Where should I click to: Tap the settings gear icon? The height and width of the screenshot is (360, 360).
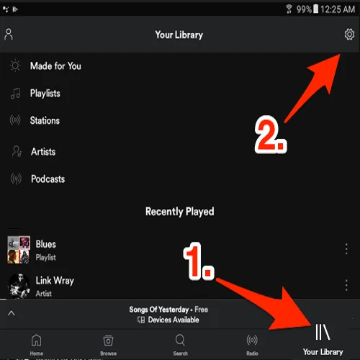click(x=349, y=35)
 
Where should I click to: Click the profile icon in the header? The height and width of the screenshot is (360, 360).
click(x=9, y=35)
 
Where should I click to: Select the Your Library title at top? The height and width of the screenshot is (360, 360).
click(x=179, y=35)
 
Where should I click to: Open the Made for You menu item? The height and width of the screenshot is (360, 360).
click(x=55, y=66)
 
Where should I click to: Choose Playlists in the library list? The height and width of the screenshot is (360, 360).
click(x=45, y=94)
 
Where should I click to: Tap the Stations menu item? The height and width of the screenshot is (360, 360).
click(x=45, y=121)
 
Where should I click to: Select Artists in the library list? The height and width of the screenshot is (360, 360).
click(x=42, y=152)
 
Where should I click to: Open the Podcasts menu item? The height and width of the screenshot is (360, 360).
click(x=48, y=179)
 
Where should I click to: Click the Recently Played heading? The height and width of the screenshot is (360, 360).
click(x=179, y=212)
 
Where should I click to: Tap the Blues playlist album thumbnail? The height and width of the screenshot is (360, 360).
click(x=18, y=249)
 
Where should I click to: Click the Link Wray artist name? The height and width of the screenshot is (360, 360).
click(x=55, y=280)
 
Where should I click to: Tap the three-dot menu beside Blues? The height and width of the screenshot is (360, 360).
click(x=346, y=248)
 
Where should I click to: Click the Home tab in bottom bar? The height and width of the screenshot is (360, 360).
click(x=36, y=343)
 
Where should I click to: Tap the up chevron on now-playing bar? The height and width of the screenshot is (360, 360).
click(x=12, y=313)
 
